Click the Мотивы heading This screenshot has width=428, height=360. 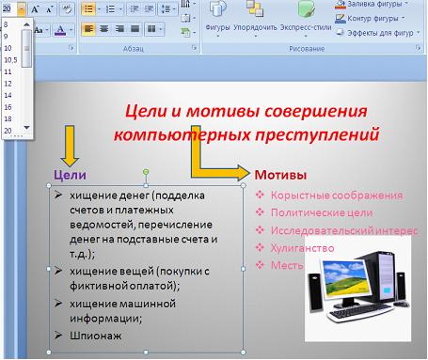(279, 175)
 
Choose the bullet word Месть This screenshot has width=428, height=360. (283, 264)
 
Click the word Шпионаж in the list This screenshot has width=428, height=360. (90, 334)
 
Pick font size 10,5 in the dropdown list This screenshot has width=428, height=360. (11, 58)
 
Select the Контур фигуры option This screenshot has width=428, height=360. (370, 17)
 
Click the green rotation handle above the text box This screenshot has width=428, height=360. (146, 173)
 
